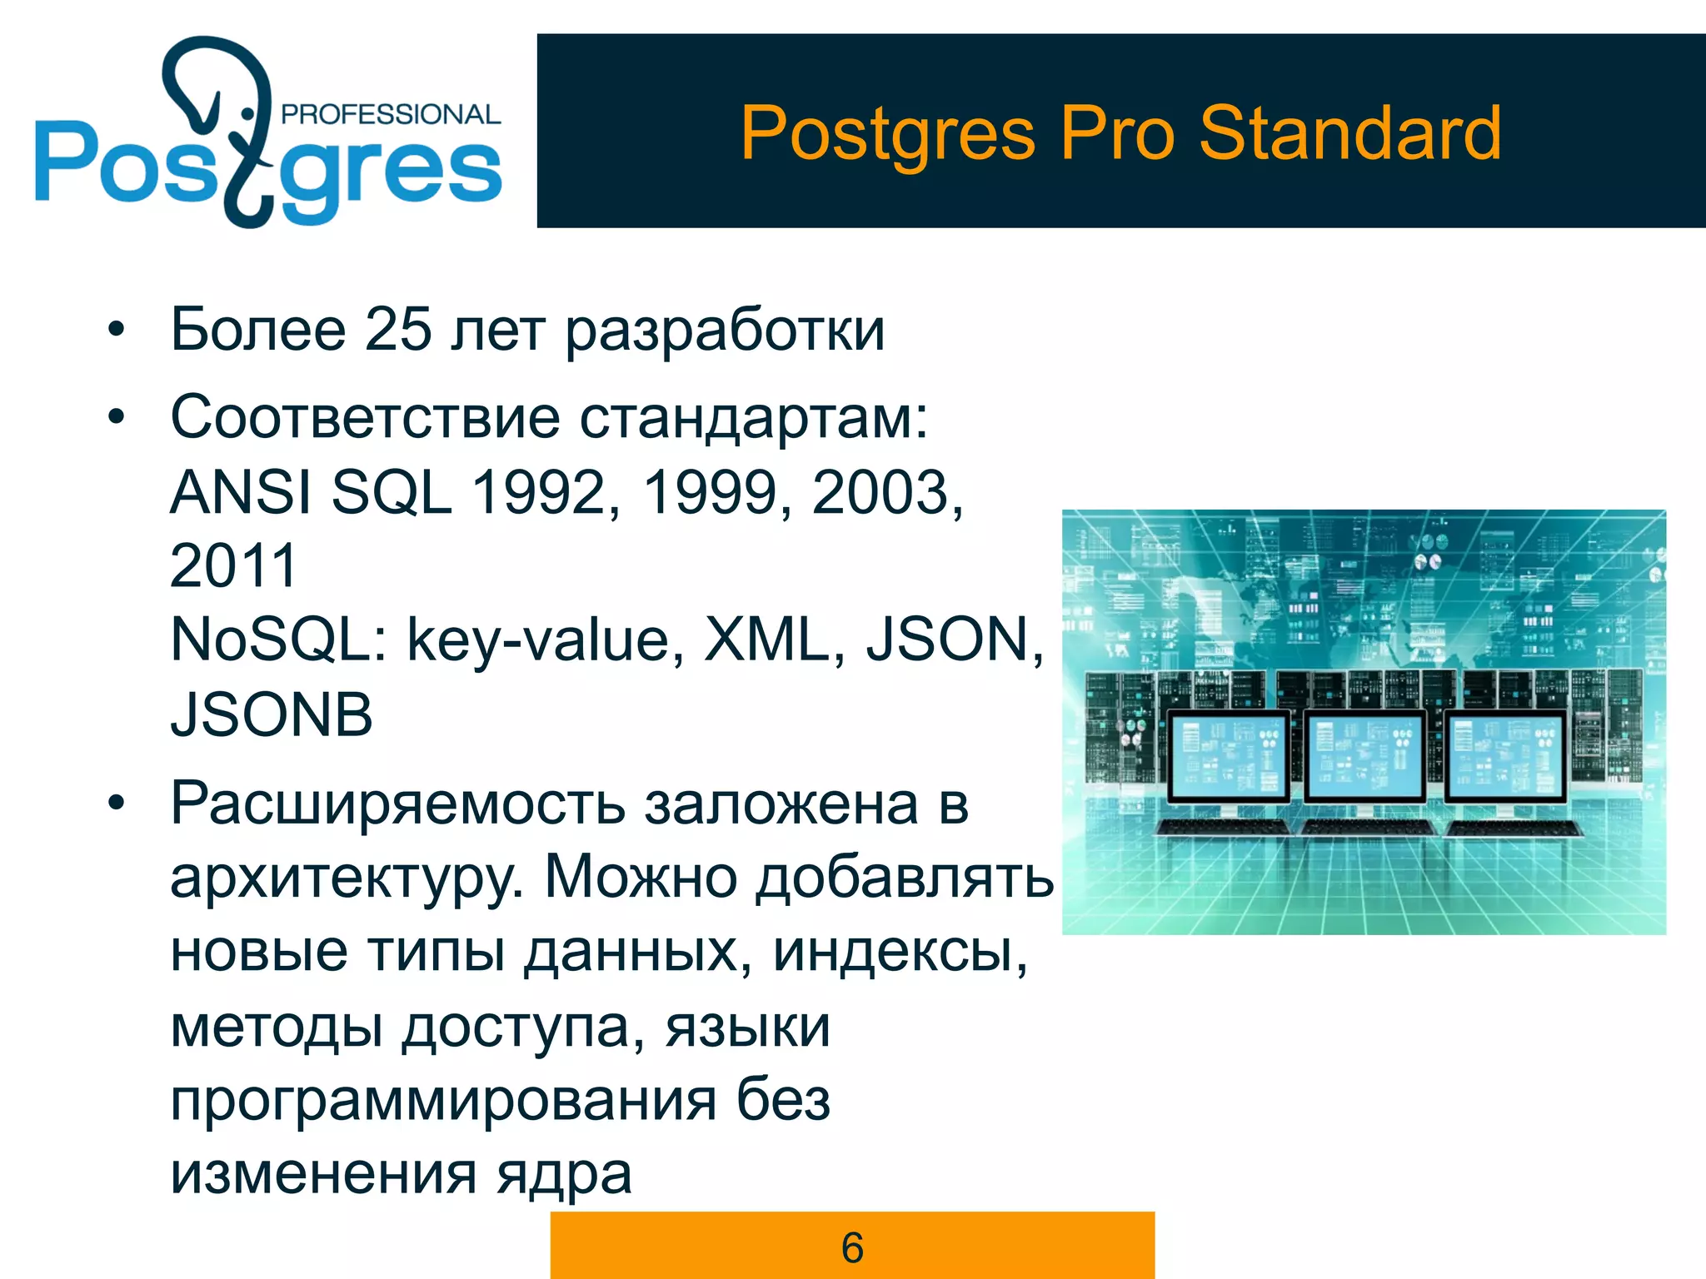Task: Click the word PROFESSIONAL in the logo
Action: coord(391,114)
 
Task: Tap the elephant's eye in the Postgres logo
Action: coord(247,112)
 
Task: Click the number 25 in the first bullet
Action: coord(398,330)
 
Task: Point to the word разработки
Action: coord(725,331)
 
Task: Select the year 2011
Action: coord(233,565)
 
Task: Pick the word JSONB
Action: coord(272,714)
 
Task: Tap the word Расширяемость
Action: coord(398,804)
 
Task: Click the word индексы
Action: coord(900,951)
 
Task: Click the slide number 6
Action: coord(852,1247)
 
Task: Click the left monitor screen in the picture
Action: coord(1227,755)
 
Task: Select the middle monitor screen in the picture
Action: coord(1364,755)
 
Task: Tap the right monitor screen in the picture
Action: coord(1504,755)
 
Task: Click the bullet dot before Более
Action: coord(116,330)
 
